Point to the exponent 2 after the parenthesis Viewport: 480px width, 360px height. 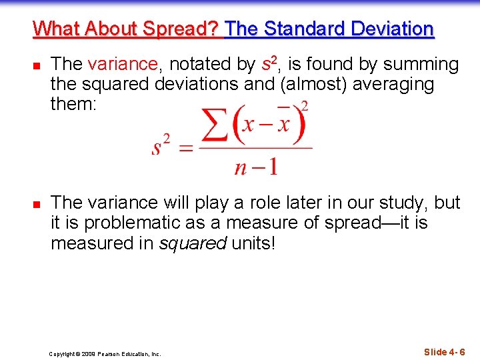[x=305, y=105]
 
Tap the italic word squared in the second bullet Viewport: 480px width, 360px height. [x=193, y=243]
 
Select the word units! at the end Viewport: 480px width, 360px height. [x=253, y=243]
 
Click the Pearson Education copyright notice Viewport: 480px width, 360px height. [x=105, y=354]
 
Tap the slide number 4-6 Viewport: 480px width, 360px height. [x=445, y=352]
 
